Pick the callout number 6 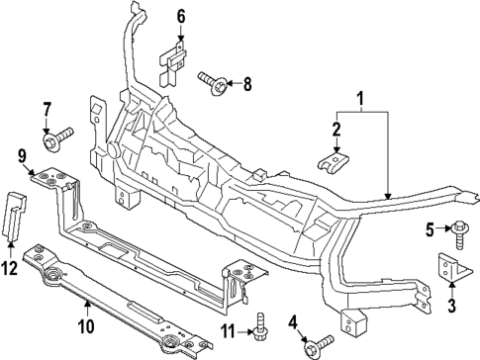181,16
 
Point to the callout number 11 227,329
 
